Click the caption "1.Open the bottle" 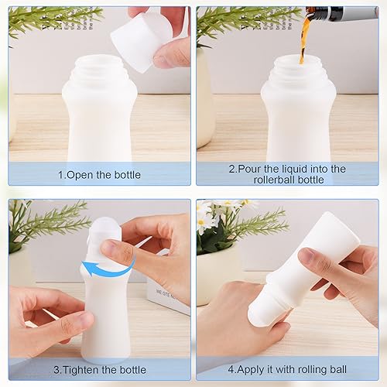(100, 175)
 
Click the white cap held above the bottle (141, 39)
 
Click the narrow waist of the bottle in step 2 (298, 108)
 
